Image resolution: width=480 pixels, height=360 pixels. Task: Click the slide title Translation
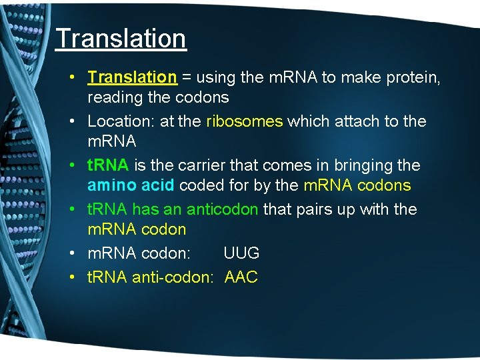(x=121, y=39)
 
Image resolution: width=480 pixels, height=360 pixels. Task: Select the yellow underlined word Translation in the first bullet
(x=132, y=77)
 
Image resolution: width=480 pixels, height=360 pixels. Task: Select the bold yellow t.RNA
(x=108, y=165)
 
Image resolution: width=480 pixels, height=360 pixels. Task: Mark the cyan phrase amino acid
(x=131, y=185)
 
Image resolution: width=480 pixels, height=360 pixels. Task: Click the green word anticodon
(x=222, y=209)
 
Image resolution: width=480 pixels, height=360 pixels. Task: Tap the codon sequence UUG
(x=241, y=253)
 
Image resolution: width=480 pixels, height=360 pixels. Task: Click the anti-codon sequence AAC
(x=241, y=277)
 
